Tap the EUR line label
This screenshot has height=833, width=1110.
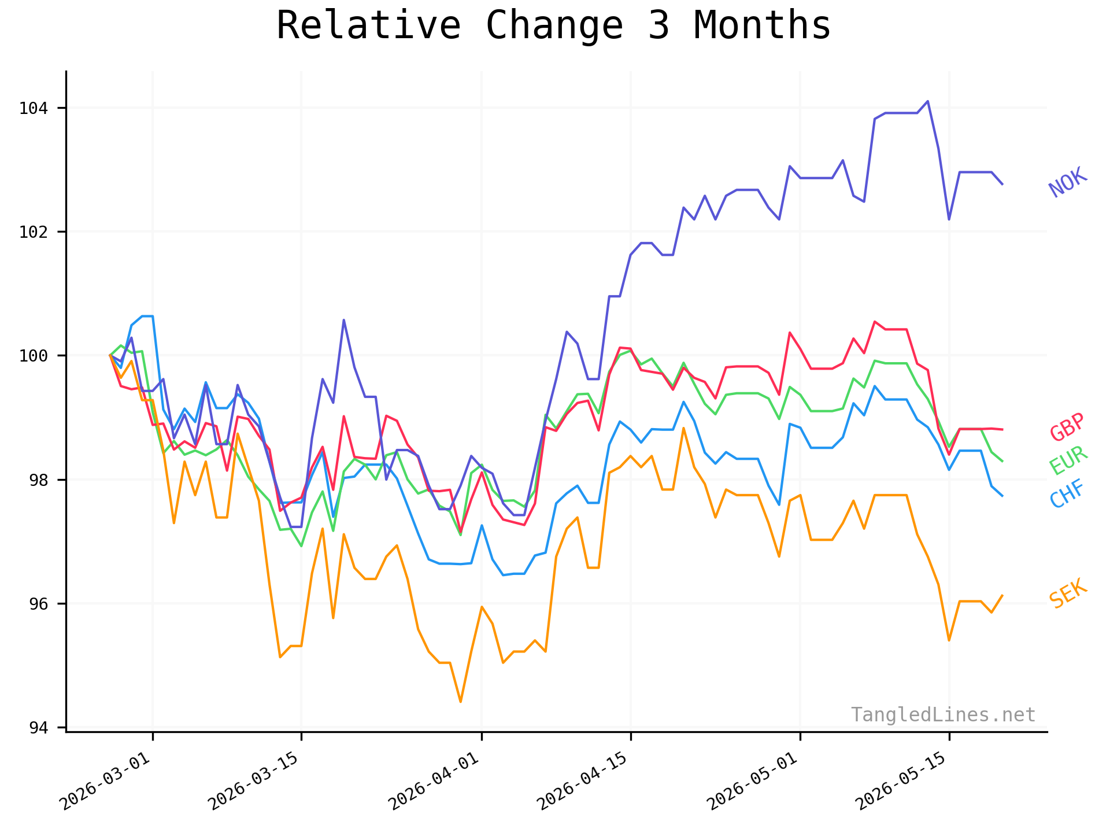1068,460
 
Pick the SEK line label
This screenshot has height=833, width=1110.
1068,594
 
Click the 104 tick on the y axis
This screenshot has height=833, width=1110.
34,108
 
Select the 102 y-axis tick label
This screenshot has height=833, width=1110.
34,232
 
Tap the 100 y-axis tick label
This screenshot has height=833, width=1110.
34,356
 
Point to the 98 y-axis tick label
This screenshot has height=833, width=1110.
39,480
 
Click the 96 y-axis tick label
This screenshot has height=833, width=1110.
39,604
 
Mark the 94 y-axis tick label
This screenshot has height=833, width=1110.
39,728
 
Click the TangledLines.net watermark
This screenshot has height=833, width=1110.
943,715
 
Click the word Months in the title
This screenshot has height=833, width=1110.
762,26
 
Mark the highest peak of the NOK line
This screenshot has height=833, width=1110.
927,101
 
